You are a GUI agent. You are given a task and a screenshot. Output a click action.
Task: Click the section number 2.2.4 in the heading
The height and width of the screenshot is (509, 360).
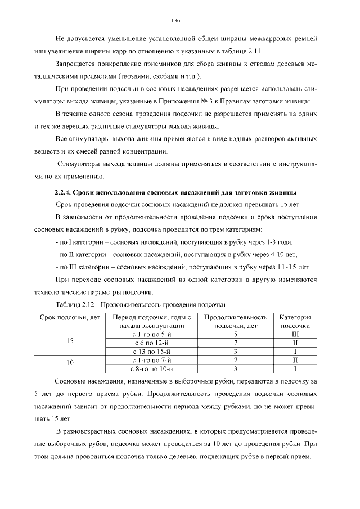coord(62,193)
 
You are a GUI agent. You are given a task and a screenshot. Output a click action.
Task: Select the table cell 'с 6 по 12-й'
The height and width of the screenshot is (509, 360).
coord(150,343)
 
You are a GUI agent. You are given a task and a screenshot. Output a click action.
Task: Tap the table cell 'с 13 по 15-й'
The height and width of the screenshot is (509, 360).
coord(150,352)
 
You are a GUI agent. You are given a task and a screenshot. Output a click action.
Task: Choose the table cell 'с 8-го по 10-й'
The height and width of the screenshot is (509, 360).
coord(150,369)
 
